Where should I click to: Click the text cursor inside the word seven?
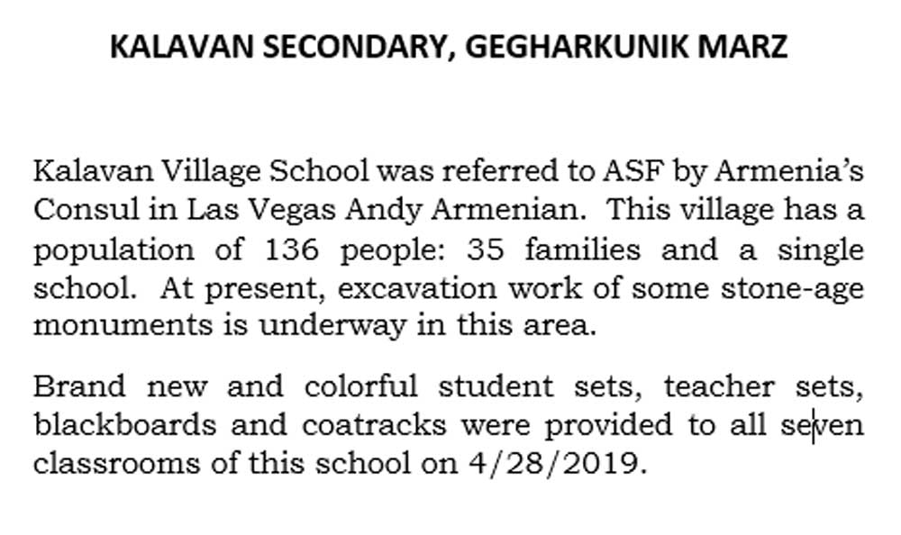(x=814, y=425)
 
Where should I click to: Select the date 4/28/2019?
(x=558, y=464)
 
